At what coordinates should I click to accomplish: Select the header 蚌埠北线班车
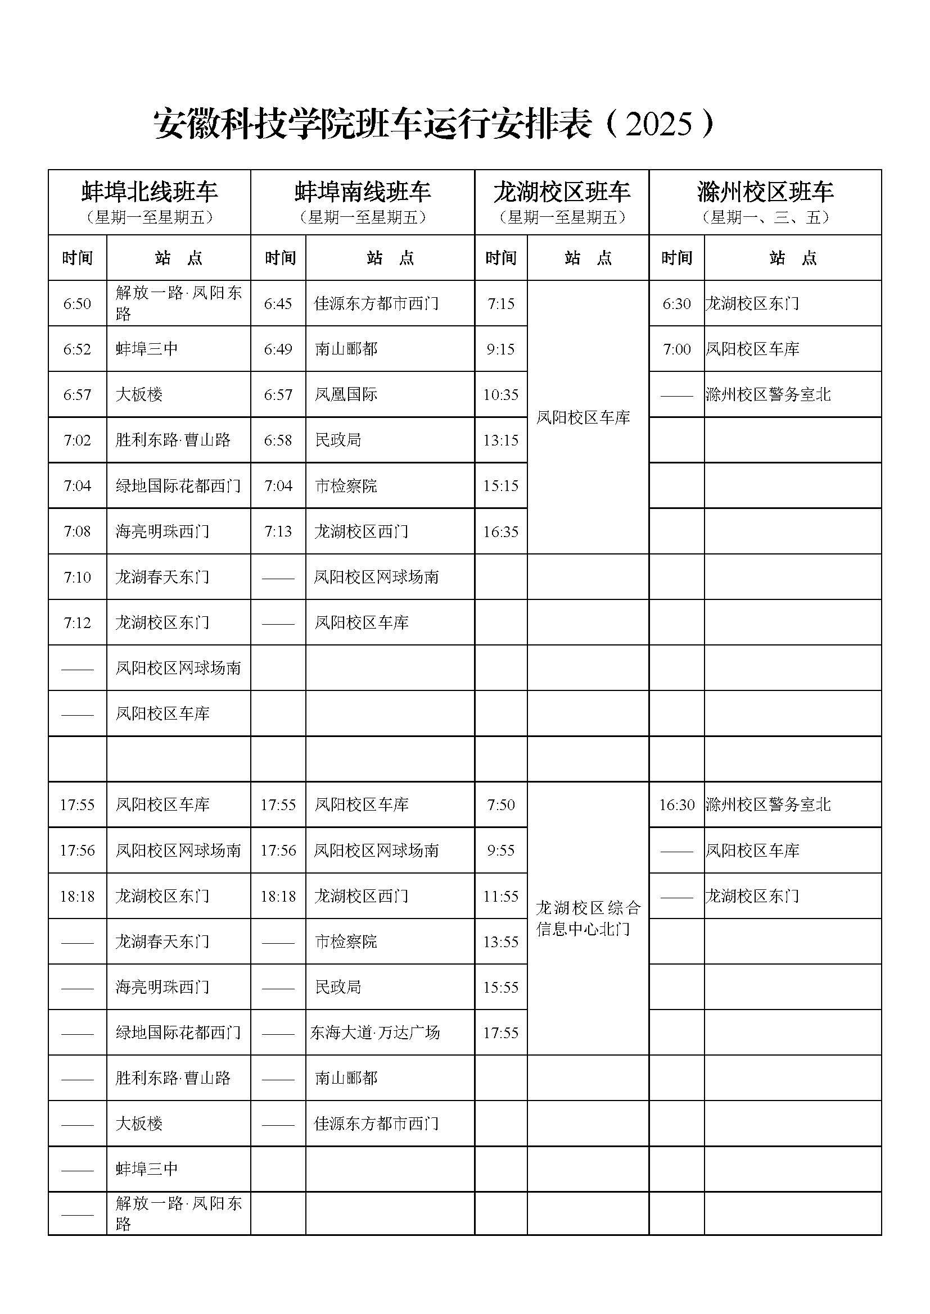[x=150, y=192]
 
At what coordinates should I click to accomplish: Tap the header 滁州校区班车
[x=765, y=192]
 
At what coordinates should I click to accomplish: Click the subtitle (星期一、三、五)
[x=765, y=217]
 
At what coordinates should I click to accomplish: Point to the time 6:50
[x=77, y=303]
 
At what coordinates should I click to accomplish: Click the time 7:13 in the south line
[x=278, y=531]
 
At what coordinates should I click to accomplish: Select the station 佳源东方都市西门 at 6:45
[x=376, y=303]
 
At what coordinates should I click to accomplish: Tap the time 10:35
[x=500, y=394]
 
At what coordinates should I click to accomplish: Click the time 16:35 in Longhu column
[x=500, y=531]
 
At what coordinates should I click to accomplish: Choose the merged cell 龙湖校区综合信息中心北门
[x=588, y=918]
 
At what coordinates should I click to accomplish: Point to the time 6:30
[x=676, y=303]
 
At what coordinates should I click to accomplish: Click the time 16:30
[x=676, y=804]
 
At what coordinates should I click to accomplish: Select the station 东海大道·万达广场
[x=375, y=1033]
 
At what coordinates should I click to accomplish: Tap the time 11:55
[x=500, y=895]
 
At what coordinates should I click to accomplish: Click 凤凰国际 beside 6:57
[x=346, y=394]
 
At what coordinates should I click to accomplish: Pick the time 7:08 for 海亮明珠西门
[x=77, y=531]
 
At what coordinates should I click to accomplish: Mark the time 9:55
[x=500, y=851]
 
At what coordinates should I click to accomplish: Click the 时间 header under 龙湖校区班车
[x=500, y=258]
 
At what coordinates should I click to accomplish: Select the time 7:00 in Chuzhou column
[x=676, y=349]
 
